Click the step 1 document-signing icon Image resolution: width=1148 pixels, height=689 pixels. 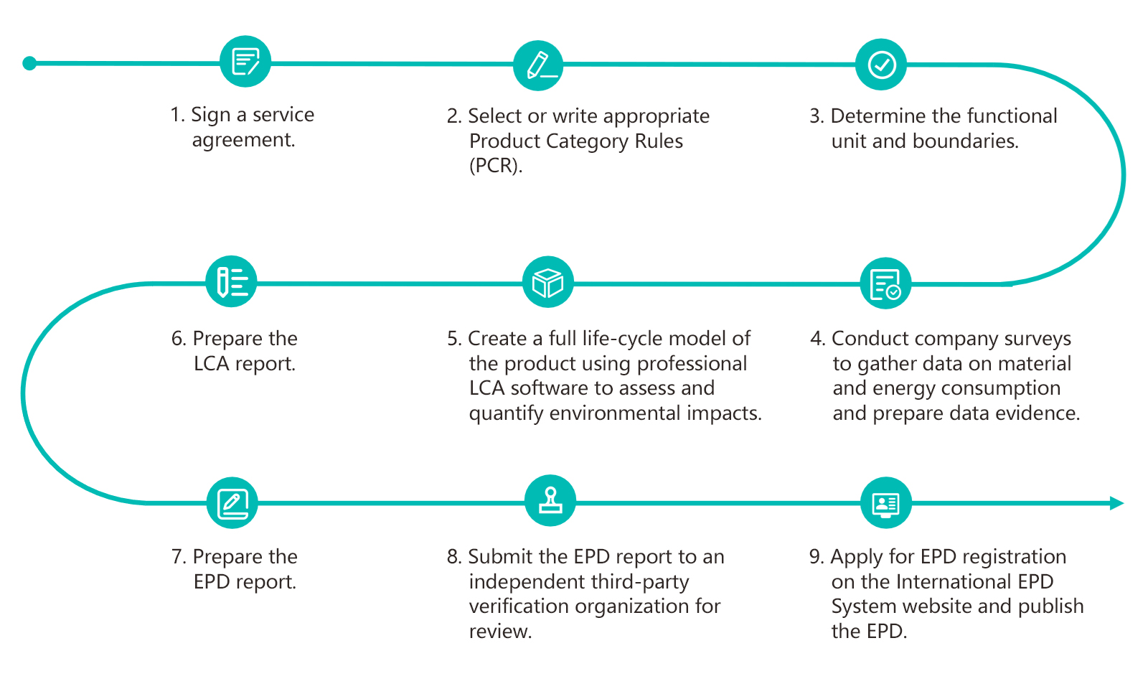(x=245, y=62)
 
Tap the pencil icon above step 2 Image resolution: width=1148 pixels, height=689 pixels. (x=538, y=65)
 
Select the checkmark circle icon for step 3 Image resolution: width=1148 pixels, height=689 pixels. (x=881, y=65)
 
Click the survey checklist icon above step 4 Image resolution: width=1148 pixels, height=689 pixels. (x=885, y=283)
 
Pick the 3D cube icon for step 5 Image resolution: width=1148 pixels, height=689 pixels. (x=547, y=282)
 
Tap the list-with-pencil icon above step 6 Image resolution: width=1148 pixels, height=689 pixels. (x=231, y=281)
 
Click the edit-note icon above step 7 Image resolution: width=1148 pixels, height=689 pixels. (x=232, y=503)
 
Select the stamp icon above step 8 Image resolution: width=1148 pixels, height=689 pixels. (x=550, y=501)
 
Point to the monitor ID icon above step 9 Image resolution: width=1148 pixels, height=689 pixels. (x=885, y=503)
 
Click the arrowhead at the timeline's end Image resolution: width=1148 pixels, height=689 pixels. (x=1116, y=503)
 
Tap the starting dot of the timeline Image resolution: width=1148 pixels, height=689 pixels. (x=29, y=63)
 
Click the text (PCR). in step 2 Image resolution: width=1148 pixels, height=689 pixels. (x=496, y=166)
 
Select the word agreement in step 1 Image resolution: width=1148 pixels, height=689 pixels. (x=243, y=140)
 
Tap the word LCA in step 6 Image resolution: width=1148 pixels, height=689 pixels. (x=211, y=364)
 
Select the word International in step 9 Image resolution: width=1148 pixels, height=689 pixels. (x=954, y=582)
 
